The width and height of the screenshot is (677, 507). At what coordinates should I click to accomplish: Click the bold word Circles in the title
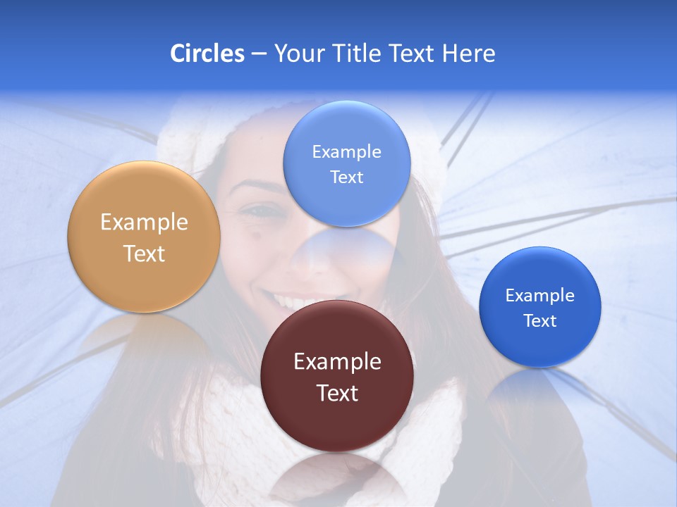tap(207, 54)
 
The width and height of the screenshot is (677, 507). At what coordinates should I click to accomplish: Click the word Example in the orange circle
tap(144, 223)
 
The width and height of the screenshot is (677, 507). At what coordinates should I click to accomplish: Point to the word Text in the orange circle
tap(144, 254)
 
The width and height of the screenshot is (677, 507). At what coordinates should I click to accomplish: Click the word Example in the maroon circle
tap(337, 362)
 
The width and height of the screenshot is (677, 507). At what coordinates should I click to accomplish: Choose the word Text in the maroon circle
tap(337, 393)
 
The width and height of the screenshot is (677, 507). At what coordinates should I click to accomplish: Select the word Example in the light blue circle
tap(346, 152)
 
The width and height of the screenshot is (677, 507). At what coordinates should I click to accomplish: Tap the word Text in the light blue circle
tap(346, 177)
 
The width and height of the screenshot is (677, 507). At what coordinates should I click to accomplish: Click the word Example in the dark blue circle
tap(540, 296)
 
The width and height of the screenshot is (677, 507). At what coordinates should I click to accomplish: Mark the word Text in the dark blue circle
tap(540, 321)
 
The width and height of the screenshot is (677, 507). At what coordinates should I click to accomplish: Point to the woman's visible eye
tap(262, 211)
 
